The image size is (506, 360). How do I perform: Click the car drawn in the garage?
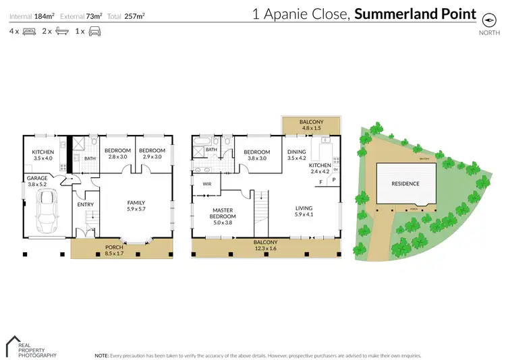coord(48,211)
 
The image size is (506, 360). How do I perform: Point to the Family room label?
coord(136,206)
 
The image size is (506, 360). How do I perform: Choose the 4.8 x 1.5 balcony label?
coord(312,124)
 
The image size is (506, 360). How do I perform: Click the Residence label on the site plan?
coord(406,183)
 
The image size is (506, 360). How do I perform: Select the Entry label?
coord(85,205)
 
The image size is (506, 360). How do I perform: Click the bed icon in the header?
coord(29,32)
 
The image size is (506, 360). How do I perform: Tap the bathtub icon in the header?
coord(61,32)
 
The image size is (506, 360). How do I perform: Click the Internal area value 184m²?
coord(44,14)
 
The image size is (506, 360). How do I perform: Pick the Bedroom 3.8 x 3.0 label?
coord(256,155)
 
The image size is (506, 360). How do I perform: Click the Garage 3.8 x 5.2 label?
coord(37,181)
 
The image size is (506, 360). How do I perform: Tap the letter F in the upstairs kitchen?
coord(320,182)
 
